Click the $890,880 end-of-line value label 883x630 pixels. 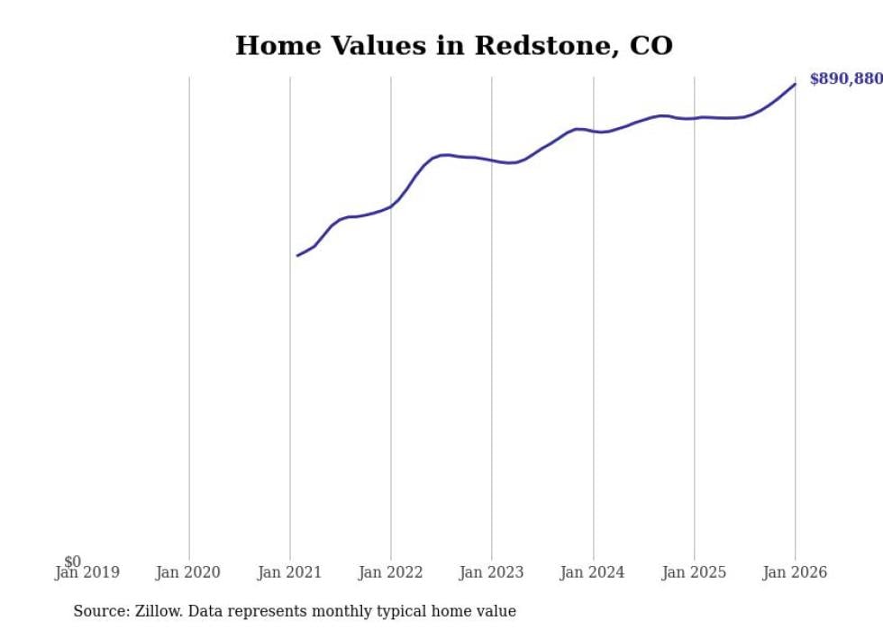pos(845,79)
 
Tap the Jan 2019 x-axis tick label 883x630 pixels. pos(87,572)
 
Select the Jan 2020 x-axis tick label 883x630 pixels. pos(188,572)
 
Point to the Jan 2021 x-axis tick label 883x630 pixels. pos(289,572)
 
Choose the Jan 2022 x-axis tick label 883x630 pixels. pos(390,572)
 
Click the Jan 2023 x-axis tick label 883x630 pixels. pos(491,572)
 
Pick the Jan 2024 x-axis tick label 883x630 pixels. pos(592,572)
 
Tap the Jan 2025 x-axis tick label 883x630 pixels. pos(693,572)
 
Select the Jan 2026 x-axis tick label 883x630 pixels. pos(794,572)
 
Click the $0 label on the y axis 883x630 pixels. pos(72,562)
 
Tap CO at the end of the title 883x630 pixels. pos(651,46)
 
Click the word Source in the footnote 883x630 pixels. pos(97,612)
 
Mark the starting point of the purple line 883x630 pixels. pos(297,256)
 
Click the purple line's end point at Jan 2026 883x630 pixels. pos(795,84)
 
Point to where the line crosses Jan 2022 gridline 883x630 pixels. pos(391,205)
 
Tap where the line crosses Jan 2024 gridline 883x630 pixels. pos(593,131)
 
